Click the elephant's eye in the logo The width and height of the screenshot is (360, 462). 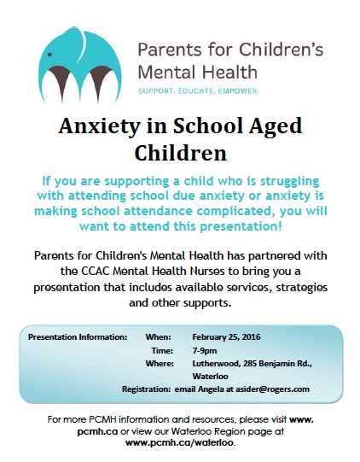(x=50, y=55)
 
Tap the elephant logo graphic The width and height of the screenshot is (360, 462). (x=80, y=65)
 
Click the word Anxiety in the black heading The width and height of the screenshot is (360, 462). (x=99, y=126)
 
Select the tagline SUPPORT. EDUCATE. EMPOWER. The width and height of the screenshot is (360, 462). (x=199, y=91)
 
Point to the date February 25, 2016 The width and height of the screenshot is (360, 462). (x=226, y=336)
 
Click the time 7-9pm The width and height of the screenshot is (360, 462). (x=205, y=351)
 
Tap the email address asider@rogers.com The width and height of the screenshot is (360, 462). (x=273, y=389)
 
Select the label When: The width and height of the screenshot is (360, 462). (x=158, y=336)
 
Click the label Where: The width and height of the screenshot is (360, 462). (x=160, y=363)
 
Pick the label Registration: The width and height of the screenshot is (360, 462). (x=146, y=389)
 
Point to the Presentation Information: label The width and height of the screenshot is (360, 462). (x=78, y=336)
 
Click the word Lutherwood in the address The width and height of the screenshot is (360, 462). (x=217, y=364)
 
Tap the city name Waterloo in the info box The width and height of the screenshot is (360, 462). (x=210, y=377)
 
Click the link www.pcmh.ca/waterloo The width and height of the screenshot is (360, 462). (x=179, y=442)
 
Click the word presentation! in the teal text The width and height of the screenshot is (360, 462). (x=241, y=226)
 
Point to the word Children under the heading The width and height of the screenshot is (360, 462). (x=181, y=153)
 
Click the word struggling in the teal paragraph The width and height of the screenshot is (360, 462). (x=290, y=182)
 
